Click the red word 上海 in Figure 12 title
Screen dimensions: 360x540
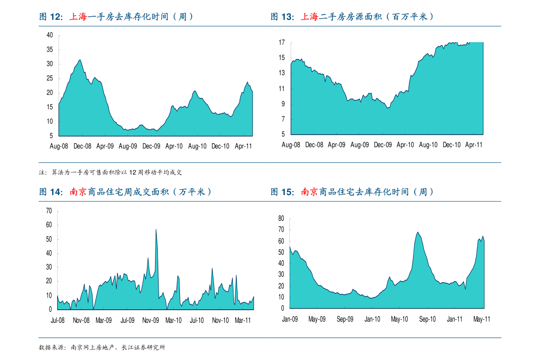coord(78,17)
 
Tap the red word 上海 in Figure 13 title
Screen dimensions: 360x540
coord(310,17)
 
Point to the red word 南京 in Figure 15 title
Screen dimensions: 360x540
coord(310,192)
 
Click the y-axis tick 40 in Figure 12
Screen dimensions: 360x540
coord(50,35)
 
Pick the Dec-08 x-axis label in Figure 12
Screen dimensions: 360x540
coord(82,146)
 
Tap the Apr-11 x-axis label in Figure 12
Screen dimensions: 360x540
coord(243,146)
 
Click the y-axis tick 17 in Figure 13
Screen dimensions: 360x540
coord(282,43)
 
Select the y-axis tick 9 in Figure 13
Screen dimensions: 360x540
coord(283,104)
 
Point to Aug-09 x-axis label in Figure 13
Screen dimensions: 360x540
coord(360,145)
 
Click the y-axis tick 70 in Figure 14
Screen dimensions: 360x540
coord(49,211)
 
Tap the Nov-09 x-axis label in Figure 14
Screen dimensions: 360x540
coord(151,320)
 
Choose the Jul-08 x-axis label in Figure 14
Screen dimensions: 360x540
coord(58,320)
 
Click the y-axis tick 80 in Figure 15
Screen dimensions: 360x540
coord(281,219)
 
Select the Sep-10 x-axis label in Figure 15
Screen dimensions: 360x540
coord(427,319)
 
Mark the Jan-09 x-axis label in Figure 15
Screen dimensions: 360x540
coord(290,319)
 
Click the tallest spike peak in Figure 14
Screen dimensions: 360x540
coord(156,229)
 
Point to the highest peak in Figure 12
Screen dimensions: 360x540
coord(80,60)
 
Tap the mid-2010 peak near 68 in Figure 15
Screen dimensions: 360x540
coord(418,232)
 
